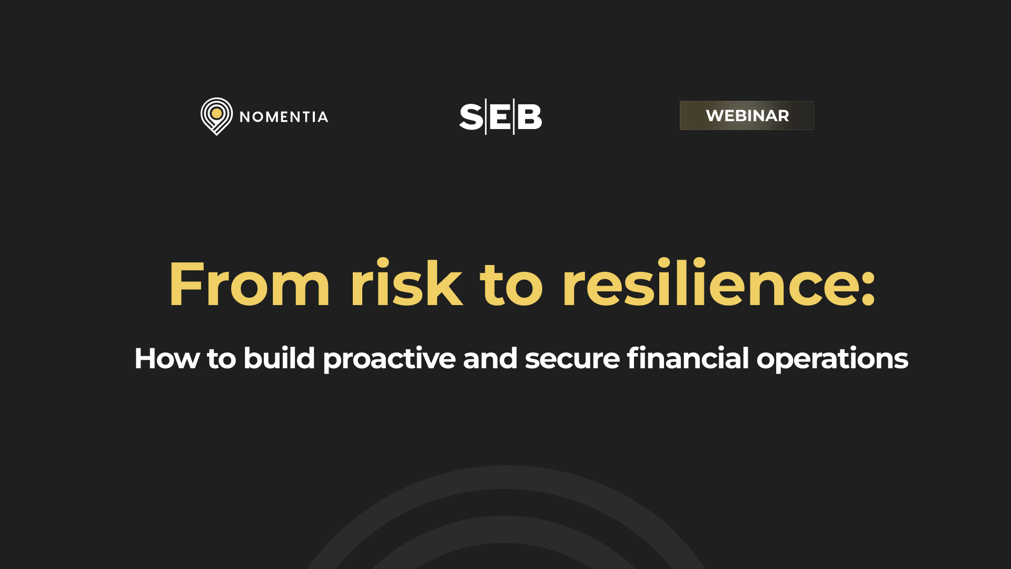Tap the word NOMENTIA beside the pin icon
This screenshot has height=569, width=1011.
pos(284,117)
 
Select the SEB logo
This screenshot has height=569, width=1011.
pos(500,116)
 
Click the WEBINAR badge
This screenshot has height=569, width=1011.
pos(747,115)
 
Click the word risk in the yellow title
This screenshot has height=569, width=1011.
pos(406,284)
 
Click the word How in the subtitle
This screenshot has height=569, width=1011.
pos(167,359)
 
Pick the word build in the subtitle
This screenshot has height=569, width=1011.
pos(279,358)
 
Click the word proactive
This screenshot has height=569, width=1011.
pos(389,359)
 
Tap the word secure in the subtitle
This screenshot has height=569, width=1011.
pos(572,359)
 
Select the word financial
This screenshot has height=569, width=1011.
pos(688,358)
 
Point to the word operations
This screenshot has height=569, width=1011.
pos(832,359)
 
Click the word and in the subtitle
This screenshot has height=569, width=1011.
pos(490,358)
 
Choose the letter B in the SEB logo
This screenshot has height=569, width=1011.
pos(529,117)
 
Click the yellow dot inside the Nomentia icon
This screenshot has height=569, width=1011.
pos(216,113)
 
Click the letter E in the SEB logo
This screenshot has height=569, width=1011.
pos(500,117)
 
